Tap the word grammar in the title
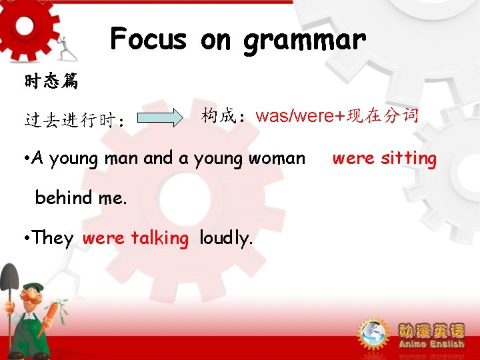[305, 40]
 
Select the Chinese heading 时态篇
[51, 82]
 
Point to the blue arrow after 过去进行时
[164, 119]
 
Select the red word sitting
[409, 159]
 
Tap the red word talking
[160, 238]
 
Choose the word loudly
[226, 238]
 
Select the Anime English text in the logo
[431, 344]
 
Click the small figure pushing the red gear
[63, 48]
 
